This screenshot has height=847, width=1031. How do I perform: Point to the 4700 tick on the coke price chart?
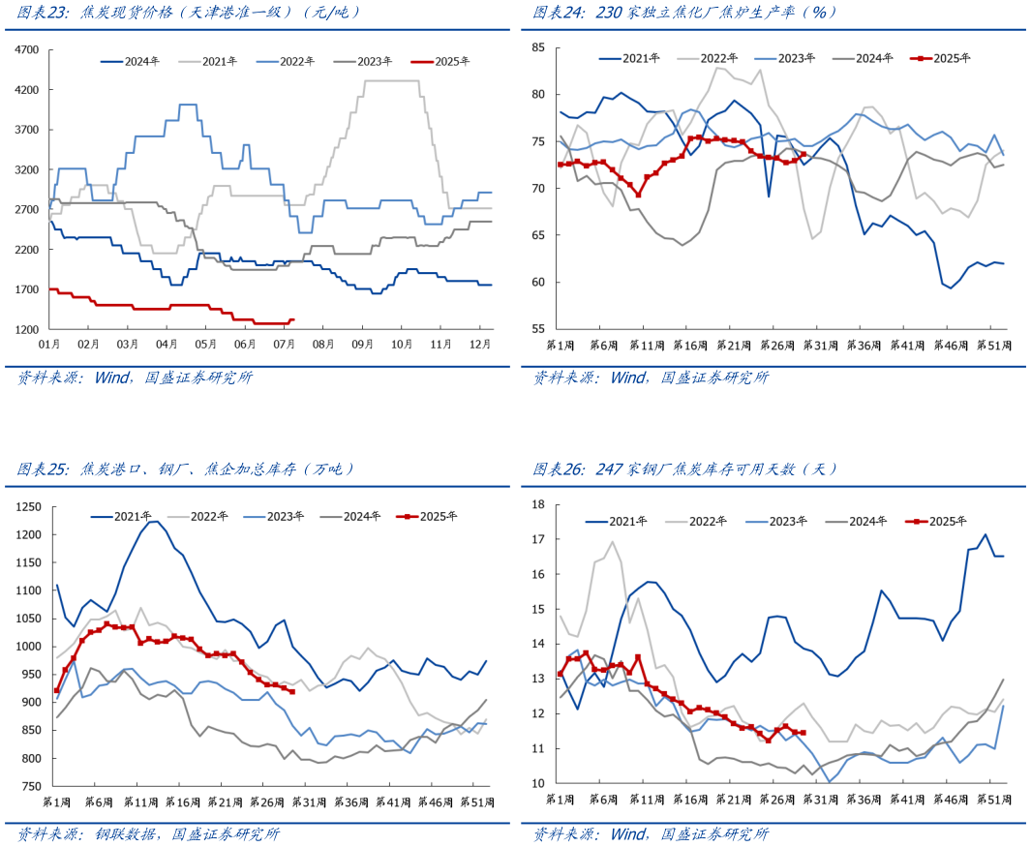28,49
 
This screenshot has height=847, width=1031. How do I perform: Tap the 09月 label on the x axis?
363,344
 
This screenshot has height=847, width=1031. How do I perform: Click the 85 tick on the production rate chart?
539,47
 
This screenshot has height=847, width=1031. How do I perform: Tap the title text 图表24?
558,13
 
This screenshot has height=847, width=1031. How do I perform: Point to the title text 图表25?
42,469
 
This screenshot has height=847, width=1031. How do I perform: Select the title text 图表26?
558,469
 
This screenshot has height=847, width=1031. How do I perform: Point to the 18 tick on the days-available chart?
539,504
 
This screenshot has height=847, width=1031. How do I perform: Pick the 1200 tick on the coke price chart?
28,329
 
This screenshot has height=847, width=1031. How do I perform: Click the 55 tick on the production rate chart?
539,329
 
